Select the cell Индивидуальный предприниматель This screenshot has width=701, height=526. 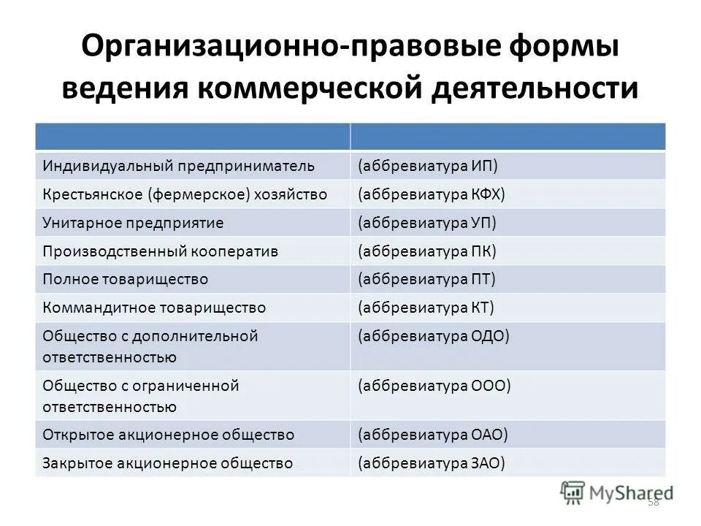click(x=178, y=166)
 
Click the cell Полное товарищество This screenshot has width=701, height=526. click(x=126, y=279)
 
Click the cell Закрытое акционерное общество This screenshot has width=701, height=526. click(x=168, y=462)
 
